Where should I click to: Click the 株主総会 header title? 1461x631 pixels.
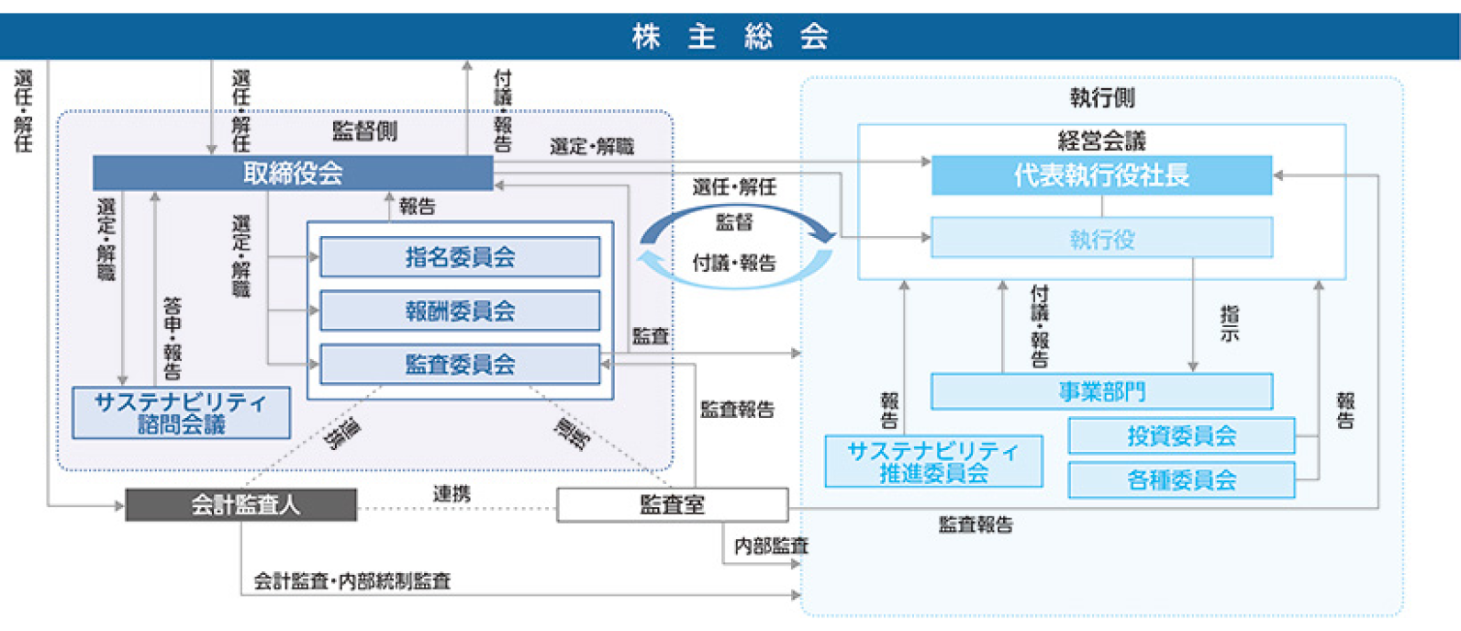click(730, 37)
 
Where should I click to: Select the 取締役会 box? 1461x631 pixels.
click(293, 173)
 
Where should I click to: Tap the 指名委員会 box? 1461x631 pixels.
click(460, 257)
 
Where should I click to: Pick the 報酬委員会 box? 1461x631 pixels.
click(460, 310)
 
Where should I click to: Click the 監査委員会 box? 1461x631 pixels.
click(460, 364)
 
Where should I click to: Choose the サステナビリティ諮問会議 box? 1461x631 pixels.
click(181, 413)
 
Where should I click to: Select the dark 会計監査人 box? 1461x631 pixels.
click(241, 504)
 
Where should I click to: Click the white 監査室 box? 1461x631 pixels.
click(672, 504)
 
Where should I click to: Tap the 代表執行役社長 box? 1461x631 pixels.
click(1101, 175)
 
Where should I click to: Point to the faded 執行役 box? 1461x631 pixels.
click(1101, 239)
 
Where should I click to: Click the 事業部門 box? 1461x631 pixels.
click(1101, 391)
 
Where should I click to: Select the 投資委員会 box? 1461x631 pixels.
click(1181, 435)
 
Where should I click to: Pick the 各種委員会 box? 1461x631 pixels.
click(1181, 479)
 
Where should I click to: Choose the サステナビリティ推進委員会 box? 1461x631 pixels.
click(933, 461)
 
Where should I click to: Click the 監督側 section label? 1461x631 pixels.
click(364, 131)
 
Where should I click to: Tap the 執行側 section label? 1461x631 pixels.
click(1101, 98)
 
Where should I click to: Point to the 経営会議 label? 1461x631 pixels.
click(1101, 141)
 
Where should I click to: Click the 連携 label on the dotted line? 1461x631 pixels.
click(452, 494)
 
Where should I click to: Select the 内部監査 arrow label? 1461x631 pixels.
click(771, 546)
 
